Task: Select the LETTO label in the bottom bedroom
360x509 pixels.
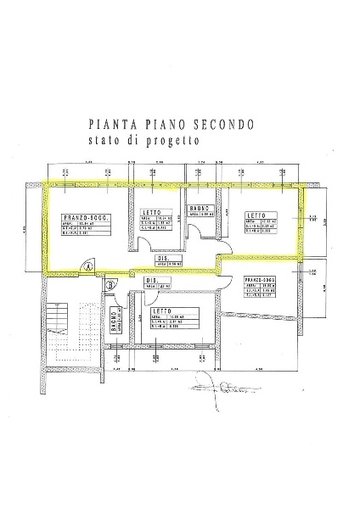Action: point(187,311)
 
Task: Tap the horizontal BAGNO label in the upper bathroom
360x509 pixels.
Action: point(200,208)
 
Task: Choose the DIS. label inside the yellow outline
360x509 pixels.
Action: point(161,259)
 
